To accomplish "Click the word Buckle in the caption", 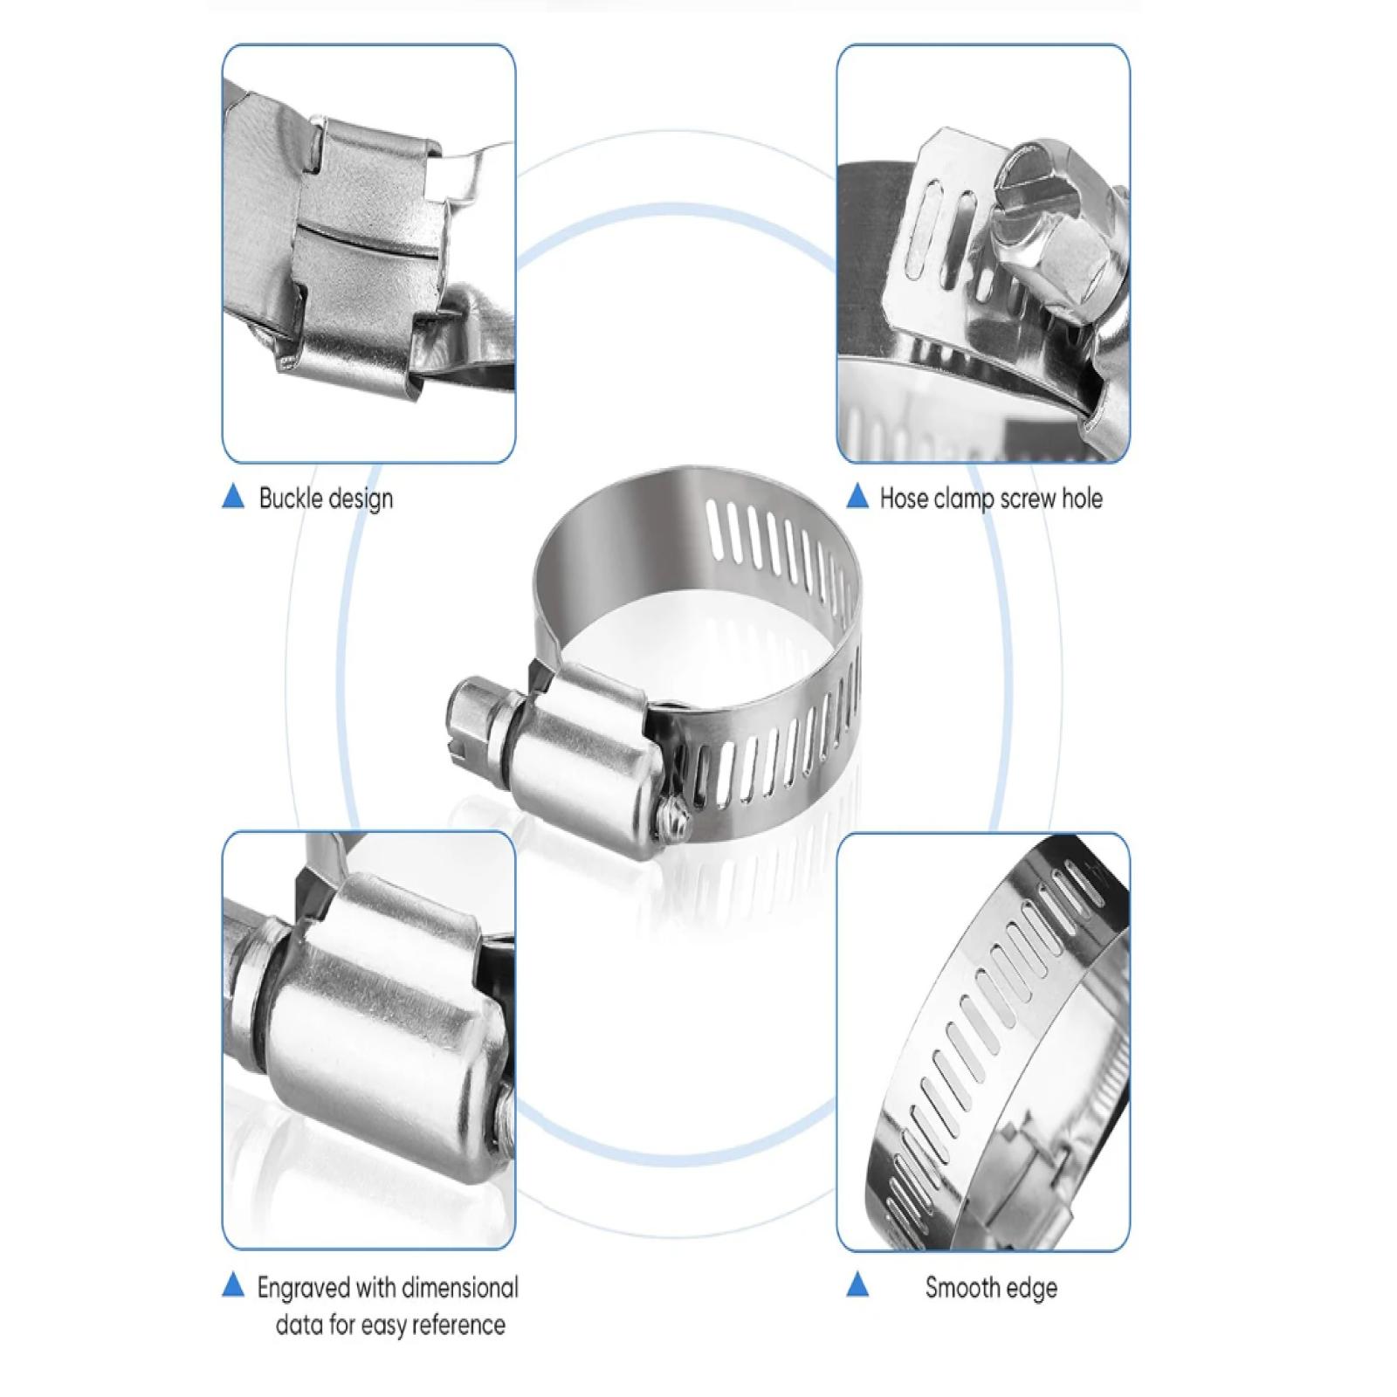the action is [291, 499].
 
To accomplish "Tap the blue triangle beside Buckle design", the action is [233, 497].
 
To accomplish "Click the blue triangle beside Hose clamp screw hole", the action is [858, 497].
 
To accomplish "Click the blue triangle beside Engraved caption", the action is [233, 1284].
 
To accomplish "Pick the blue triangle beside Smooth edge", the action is [858, 1284].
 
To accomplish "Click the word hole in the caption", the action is [1083, 499].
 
